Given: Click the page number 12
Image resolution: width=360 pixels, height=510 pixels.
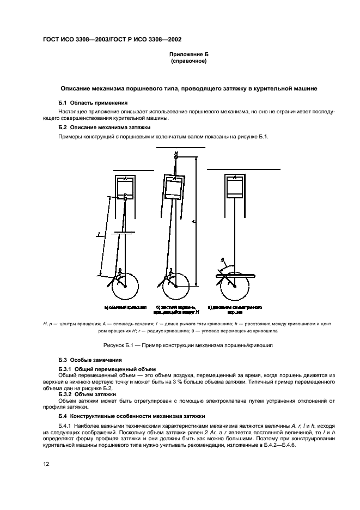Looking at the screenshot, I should pyautogui.click(x=46, y=464).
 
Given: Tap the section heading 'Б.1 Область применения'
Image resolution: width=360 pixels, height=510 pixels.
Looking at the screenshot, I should pyautogui.click(x=93, y=102).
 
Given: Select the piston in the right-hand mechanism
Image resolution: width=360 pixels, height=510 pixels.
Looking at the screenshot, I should pyautogui.click(x=235, y=187).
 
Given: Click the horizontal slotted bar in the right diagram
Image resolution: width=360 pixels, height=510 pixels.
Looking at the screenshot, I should pyautogui.click(x=236, y=277).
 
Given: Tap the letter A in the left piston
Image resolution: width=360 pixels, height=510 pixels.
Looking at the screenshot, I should pyautogui.click(x=126, y=178).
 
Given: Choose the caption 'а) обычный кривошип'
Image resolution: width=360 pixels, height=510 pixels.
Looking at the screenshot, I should pyautogui.click(x=126, y=307).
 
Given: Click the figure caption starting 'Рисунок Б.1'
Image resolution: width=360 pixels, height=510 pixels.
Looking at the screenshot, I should pyautogui.click(x=187, y=345).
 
